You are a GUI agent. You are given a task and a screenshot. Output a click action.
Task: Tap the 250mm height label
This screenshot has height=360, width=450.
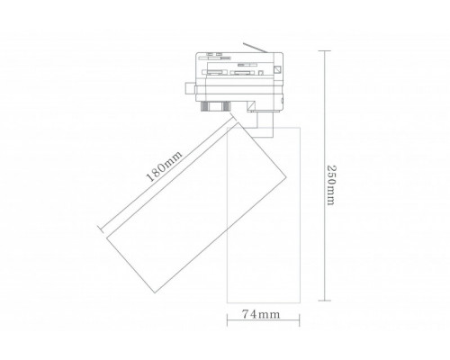coord(331,185)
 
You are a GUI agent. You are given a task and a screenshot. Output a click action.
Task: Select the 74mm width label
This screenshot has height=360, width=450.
coord(261,314)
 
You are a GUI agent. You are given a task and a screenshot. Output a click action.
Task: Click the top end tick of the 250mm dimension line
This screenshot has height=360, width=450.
coord(325,51)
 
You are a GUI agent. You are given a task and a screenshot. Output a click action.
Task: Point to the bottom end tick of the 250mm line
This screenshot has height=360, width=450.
coord(325,300)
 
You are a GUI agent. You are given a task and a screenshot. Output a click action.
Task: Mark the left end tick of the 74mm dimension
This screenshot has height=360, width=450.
coord(227,320)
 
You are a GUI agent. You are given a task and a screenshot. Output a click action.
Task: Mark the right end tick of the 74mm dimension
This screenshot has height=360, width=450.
coord(300,320)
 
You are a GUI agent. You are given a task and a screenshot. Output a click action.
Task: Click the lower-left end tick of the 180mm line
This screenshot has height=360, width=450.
coord(101,229)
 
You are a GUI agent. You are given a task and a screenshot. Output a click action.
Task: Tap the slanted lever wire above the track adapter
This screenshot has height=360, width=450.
coord(255,48)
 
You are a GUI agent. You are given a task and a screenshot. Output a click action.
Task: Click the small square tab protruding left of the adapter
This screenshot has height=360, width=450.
coord(190,88)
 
